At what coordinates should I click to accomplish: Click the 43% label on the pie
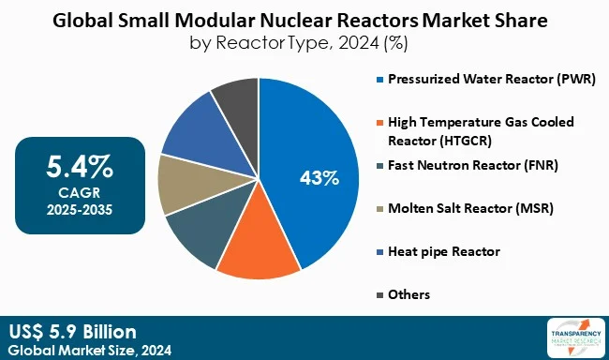click(x=319, y=177)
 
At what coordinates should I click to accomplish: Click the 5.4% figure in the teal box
click(x=80, y=169)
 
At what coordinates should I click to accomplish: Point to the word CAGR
click(x=80, y=193)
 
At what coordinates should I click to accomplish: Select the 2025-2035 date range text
click(x=80, y=208)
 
